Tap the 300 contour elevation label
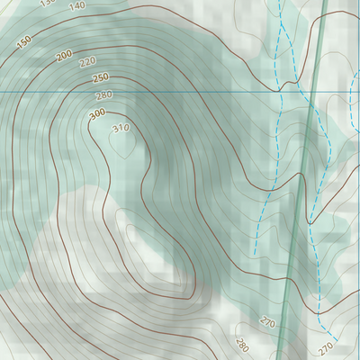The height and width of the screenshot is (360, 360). pyautogui.click(x=97, y=114)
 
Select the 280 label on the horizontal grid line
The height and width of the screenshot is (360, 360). pyautogui.click(x=103, y=95)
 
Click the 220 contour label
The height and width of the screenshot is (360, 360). pyautogui.click(x=88, y=62)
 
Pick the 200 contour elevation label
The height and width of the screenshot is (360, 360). pyautogui.click(x=64, y=56)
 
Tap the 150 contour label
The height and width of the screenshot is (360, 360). pyautogui.click(x=23, y=40)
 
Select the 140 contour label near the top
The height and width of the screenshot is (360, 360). pyautogui.click(x=76, y=5)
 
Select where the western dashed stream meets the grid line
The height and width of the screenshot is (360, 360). pyautogui.click(x=282, y=91)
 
